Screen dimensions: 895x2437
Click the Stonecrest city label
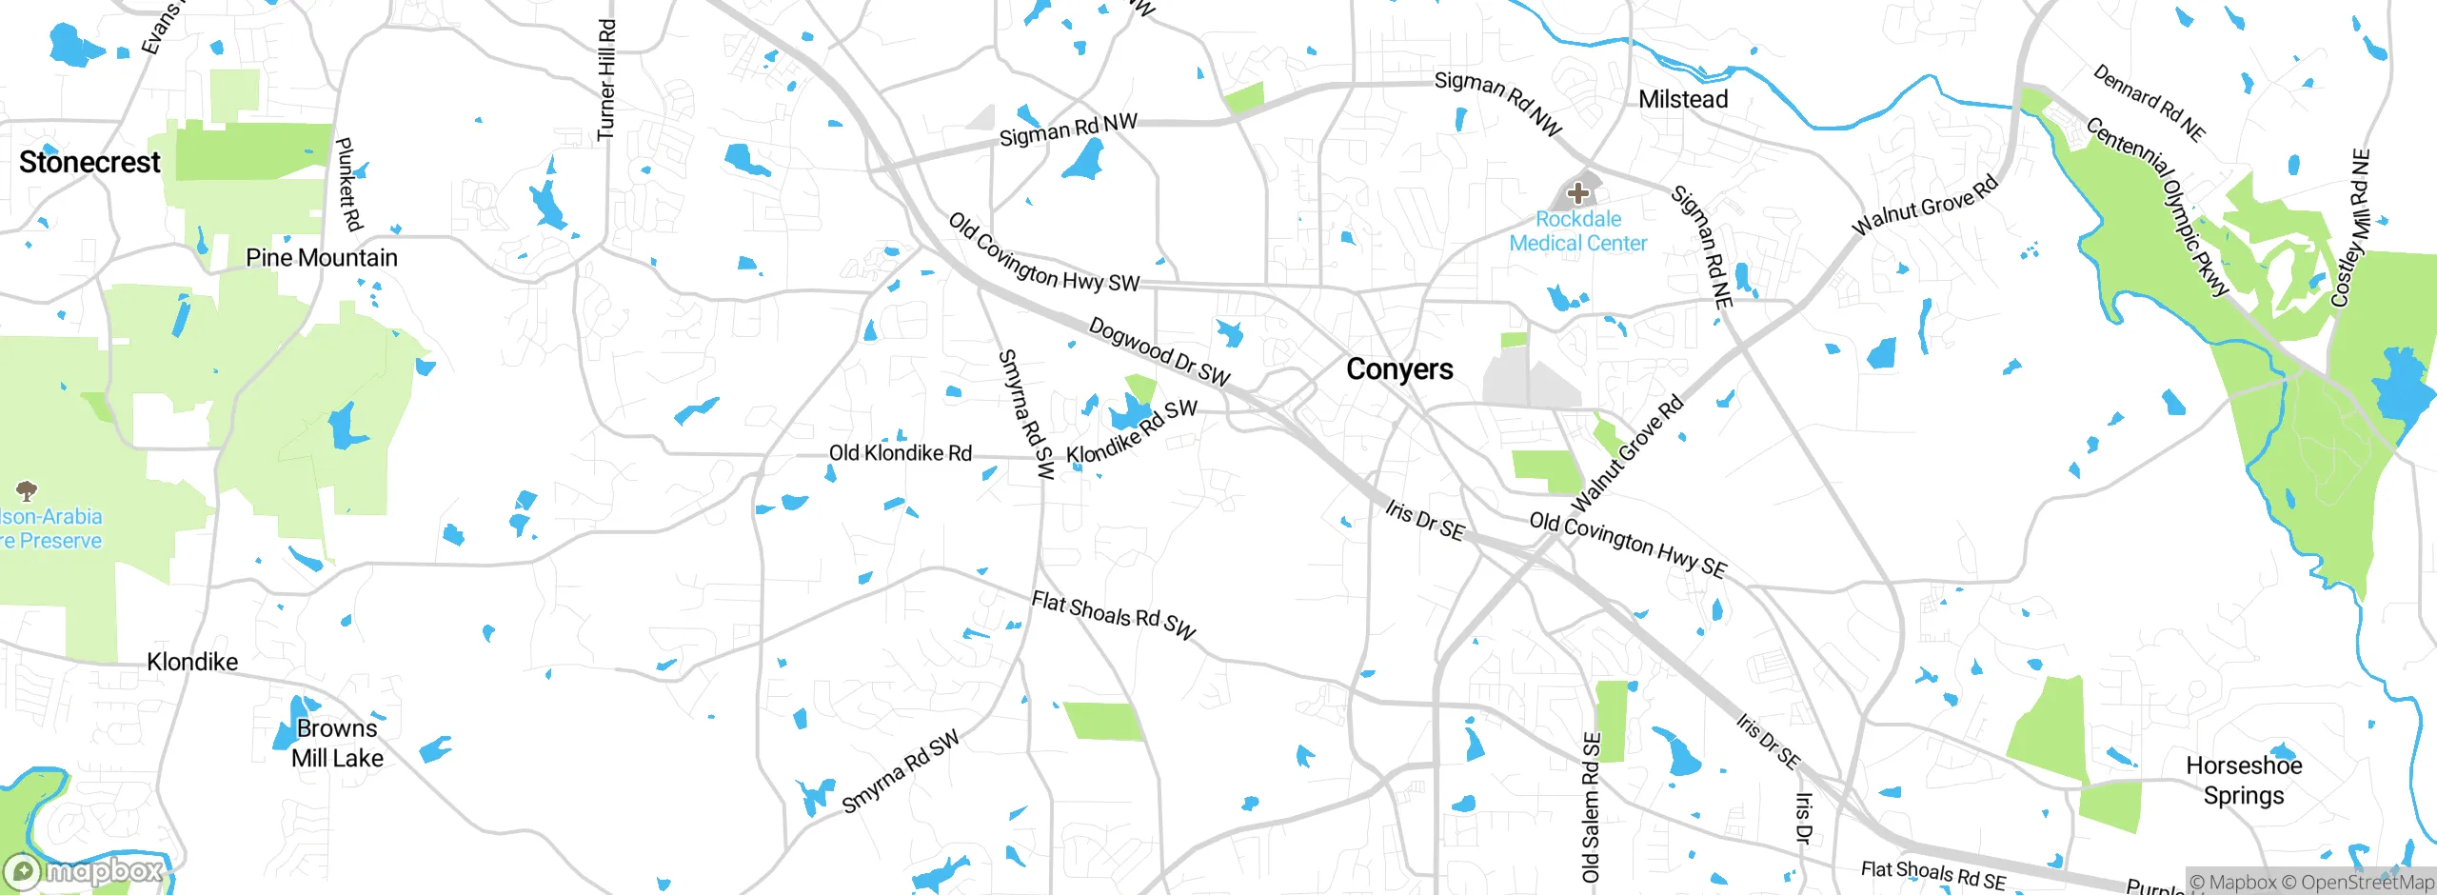pyautogui.click(x=89, y=163)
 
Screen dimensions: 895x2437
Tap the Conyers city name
pyautogui.click(x=1399, y=369)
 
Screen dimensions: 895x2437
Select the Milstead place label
pyautogui.click(x=1682, y=99)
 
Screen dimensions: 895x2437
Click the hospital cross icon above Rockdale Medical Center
pyautogui.click(x=1577, y=193)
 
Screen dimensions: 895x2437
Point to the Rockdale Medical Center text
pyautogui.click(x=1577, y=231)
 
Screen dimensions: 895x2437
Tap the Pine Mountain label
pyautogui.click(x=321, y=258)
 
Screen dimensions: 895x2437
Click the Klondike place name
pyautogui.click(x=192, y=662)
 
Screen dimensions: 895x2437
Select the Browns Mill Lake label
pyautogui.click(x=337, y=744)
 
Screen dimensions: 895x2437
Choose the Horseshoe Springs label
pyautogui.click(x=2243, y=780)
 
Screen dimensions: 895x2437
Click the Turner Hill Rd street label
pyautogui.click(x=606, y=80)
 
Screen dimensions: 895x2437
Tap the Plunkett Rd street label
pyautogui.click(x=349, y=184)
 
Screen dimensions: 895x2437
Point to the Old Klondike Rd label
pyautogui.click(x=900, y=453)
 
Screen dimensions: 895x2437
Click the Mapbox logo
pyautogui.click(x=84, y=871)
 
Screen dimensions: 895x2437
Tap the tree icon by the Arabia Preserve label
pyautogui.click(x=27, y=490)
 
